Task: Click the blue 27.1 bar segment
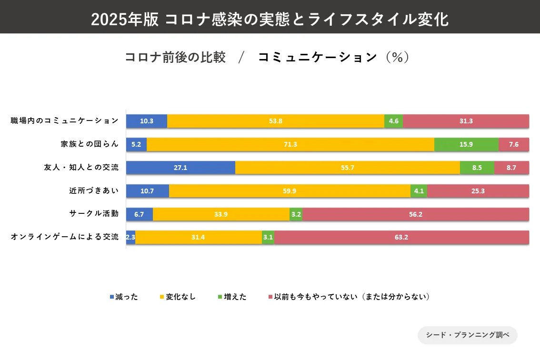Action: pos(180,168)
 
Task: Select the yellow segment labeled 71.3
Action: pos(290,144)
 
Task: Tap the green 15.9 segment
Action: pos(466,144)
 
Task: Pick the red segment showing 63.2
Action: pos(401,237)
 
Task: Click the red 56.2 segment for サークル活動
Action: pos(415,214)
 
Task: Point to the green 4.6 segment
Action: pos(393,121)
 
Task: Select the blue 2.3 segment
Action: pos(130,237)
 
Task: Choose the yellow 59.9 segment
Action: pos(290,191)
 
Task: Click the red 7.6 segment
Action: pos(514,144)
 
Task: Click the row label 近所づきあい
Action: pos(93,190)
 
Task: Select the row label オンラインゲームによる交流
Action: pos(65,237)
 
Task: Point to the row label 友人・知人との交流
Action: pos(81,167)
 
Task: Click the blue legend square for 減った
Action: pos(112,297)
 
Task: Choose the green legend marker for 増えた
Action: pos(220,297)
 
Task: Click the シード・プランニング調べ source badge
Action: pos(467,335)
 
